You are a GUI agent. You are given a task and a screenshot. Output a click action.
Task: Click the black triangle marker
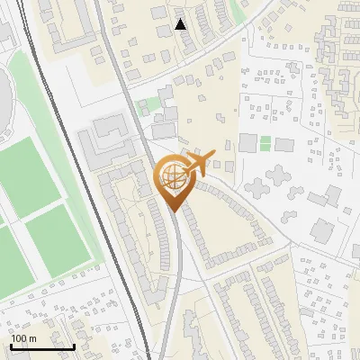point(181,24)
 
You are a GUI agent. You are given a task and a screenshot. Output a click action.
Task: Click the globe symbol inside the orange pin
point(172,177)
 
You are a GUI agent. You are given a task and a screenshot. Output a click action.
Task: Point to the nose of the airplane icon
point(213,154)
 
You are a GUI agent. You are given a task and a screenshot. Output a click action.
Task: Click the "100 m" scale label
point(23,337)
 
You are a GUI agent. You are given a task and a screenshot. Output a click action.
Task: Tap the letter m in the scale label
point(32,337)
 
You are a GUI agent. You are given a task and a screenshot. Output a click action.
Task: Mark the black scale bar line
point(42,346)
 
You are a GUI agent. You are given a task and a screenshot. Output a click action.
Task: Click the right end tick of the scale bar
point(74,344)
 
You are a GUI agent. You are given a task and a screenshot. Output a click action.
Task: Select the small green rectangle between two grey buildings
point(265,142)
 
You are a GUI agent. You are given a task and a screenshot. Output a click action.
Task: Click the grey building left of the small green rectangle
point(247,142)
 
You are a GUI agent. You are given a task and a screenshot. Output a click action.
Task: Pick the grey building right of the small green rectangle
point(284,144)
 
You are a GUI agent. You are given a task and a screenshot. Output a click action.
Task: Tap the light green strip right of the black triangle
point(236,12)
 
